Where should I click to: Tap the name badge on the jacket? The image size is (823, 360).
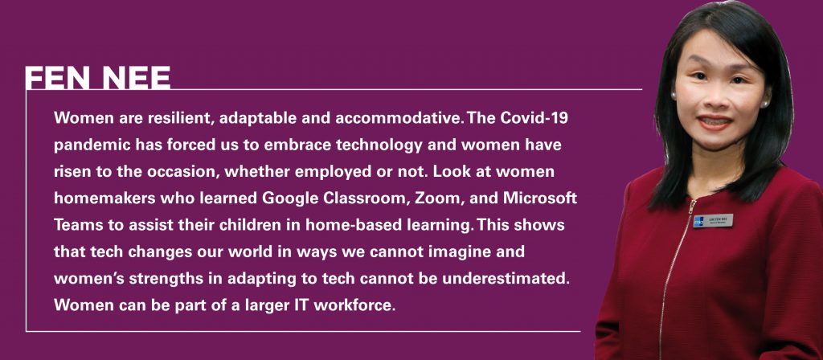[x=713, y=220]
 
